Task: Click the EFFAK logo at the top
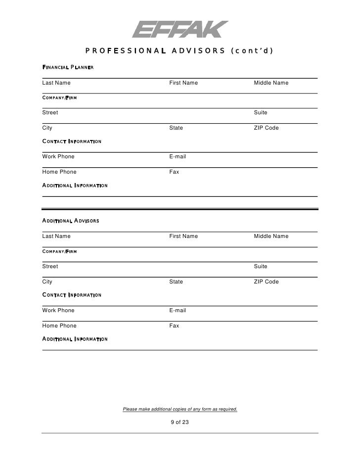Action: tap(180, 29)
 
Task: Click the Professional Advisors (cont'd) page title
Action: tap(180, 50)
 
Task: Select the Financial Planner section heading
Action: tap(68, 67)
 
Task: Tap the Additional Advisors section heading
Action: tap(70, 221)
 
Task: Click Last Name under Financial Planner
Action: tap(56, 83)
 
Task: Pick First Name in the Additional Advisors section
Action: tap(183, 236)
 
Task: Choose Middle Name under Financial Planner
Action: tap(271, 83)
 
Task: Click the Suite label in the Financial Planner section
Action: tap(261, 112)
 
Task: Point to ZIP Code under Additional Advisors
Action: tap(267, 281)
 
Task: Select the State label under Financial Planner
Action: tap(176, 128)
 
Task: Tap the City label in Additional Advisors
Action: tap(47, 281)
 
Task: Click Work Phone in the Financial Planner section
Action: tap(58, 156)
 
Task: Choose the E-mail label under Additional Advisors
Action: tap(178, 310)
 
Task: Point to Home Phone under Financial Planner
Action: tap(59, 172)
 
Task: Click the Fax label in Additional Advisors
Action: tap(174, 326)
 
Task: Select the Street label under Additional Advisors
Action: tap(50, 266)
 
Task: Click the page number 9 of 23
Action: tap(180, 422)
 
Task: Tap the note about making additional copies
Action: tap(180, 409)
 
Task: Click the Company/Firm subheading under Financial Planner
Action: tap(59, 98)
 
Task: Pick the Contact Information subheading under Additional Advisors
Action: tap(72, 295)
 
